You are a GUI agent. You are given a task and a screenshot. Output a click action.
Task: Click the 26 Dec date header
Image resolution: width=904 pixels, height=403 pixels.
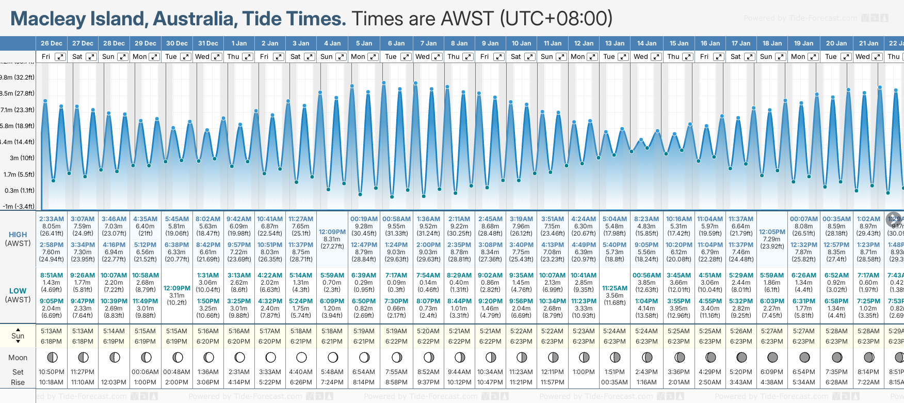tap(52, 43)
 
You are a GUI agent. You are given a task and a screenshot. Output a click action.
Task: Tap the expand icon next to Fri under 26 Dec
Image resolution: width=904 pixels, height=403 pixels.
tap(60, 57)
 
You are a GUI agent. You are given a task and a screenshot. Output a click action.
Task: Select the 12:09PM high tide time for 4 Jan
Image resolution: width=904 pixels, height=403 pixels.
tap(332, 232)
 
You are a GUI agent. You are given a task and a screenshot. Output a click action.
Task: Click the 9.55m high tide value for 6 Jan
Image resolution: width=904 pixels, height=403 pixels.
tap(396, 226)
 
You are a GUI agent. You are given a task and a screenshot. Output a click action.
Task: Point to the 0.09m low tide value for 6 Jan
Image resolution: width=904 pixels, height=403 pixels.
tap(396, 283)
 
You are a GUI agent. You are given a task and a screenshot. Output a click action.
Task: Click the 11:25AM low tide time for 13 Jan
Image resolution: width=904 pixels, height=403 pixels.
tap(615, 288)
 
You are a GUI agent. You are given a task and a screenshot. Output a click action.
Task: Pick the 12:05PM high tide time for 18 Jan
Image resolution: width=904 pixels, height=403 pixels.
tap(772, 232)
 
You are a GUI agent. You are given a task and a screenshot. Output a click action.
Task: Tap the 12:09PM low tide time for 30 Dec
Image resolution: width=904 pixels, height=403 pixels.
tap(177, 288)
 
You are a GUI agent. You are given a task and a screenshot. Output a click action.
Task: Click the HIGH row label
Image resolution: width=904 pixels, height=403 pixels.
tap(18, 235)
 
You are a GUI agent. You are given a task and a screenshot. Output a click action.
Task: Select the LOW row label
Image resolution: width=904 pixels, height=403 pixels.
tap(18, 291)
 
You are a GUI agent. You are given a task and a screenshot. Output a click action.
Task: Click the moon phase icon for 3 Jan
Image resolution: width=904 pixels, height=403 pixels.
tap(301, 358)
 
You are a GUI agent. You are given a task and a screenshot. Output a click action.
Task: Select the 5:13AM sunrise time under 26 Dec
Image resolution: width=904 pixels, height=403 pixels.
tap(52, 331)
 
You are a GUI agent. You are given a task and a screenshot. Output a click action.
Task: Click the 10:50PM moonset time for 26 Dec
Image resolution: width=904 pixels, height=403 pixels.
tap(52, 372)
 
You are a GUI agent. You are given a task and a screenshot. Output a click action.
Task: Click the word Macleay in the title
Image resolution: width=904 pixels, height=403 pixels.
tap(48, 19)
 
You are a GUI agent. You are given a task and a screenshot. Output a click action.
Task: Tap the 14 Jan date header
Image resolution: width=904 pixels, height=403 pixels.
tap(647, 43)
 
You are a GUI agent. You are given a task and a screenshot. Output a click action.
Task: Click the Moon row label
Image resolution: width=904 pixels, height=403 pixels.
tap(18, 358)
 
